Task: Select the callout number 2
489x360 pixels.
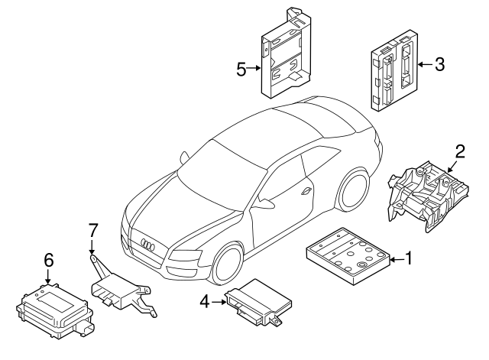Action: [461, 150]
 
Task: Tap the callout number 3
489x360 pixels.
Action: [439, 65]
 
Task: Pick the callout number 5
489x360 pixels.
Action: [241, 70]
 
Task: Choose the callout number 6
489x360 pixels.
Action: [48, 260]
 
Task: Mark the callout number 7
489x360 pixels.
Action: [92, 229]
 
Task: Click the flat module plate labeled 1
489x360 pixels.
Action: [348, 256]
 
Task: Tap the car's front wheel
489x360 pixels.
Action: [226, 264]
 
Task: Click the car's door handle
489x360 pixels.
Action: [306, 192]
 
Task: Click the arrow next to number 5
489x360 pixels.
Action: [255, 70]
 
